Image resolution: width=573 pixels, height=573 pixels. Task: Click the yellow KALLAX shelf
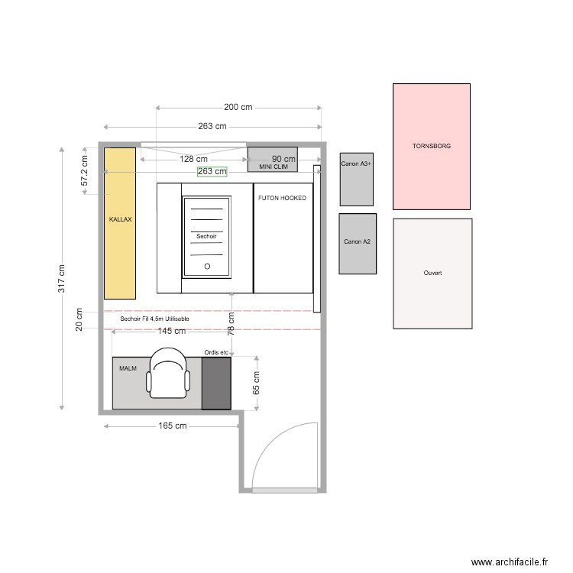pyautogui.click(x=120, y=222)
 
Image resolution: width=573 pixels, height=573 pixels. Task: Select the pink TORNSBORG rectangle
pyautogui.click(x=432, y=146)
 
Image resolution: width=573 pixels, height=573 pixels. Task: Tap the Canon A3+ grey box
pyautogui.click(x=357, y=179)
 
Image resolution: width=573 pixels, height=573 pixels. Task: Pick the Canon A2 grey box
pyautogui.click(x=358, y=243)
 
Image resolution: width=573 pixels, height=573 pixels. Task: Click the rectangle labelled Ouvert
pyautogui.click(x=432, y=274)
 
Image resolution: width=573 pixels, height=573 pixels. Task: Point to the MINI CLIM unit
pyautogui.click(x=272, y=160)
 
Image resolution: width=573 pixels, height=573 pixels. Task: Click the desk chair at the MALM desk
pyautogui.click(x=168, y=374)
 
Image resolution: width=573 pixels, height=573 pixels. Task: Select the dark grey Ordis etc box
pyautogui.click(x=216, y=383)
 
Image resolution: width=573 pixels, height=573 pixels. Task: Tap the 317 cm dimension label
pyautogui.click(x=62, y=278)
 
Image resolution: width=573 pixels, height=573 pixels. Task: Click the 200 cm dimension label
pyautogui.click(x=238, y=108)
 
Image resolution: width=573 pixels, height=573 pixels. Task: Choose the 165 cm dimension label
pyautogui.click(x=173, y=426)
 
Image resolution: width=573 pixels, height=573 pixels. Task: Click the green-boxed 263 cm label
pyautogui.click(x=212, y=172)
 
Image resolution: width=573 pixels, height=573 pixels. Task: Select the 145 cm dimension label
pyautogui.click(x=171, y=332)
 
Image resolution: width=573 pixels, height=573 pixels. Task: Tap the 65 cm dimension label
pyautogui.click(x=257, y=383)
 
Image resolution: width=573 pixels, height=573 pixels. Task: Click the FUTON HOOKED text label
pyautogui.click(x=283, y=198)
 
